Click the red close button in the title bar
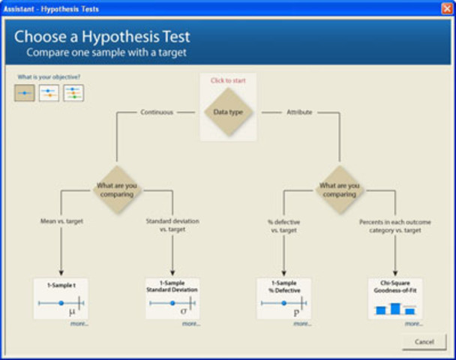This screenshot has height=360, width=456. (447, 8)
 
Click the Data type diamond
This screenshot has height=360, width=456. (229, 112)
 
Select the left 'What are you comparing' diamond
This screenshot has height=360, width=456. (116, 190)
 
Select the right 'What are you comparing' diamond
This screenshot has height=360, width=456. (340, 190)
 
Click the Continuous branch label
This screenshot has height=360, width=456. (156, 112)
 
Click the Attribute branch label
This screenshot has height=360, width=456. (299, 112)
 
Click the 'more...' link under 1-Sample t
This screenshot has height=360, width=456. (79, 323)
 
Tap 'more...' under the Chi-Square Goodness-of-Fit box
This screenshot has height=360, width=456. (413, 323)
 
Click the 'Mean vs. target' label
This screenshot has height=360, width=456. (61, 221)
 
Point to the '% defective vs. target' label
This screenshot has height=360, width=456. (283, 226)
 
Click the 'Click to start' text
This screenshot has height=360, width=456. (228, 80)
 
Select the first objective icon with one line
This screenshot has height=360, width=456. (24, 93)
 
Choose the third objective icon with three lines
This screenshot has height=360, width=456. (73, 93)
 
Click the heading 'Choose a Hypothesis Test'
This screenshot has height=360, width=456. (102, 37)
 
